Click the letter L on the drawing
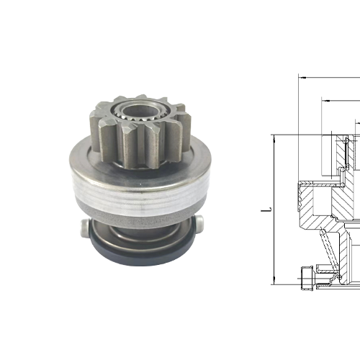click(x=266, y=210)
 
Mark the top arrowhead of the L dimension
click(x=275, y=137)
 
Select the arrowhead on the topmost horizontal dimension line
click(x=301, y=76)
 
